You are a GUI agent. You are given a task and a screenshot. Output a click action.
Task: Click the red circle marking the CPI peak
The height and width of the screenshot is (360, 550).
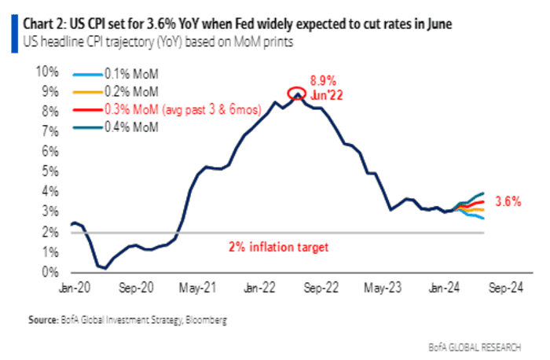[x=297, y=94]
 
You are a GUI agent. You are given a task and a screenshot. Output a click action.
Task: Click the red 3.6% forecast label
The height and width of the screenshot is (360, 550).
[x=508, y=201]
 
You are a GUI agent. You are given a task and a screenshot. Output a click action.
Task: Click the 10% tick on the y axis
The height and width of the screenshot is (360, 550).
[x=49, y=72]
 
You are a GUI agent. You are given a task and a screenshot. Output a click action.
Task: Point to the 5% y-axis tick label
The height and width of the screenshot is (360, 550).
[x=51, y=172]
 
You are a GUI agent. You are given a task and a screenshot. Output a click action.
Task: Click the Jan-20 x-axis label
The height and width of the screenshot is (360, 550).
[x=73, y=287]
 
